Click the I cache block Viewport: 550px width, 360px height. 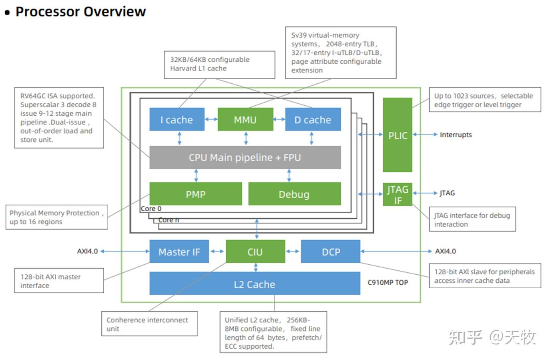pos(177,119)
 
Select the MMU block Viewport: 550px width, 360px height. pos(245,119)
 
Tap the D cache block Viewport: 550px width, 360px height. pos(313,119)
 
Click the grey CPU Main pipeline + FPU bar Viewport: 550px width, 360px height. pos(245,157)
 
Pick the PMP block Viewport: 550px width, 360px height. pos(196,194)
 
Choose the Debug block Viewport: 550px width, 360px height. pos(294,194)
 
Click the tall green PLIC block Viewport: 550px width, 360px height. pos(397,135)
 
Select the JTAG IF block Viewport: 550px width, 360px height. pos(397,194)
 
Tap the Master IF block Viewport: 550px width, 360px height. pos(179,251)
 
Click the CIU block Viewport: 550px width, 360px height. pos(255,251)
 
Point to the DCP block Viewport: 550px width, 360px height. pos(331,251)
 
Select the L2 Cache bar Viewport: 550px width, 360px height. pos(255,284)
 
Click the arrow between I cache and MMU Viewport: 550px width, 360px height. pos(211,119)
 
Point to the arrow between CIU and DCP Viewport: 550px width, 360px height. pos(293,251)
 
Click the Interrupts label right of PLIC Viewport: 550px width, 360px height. pos(456,135)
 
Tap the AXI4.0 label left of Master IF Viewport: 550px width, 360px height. pos(87,251)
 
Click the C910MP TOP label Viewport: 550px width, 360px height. pos(388,282)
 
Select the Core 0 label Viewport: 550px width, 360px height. pos(151,209)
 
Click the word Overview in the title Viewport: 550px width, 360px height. pos(115,12)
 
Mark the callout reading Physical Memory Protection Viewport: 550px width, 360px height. pos(56,217)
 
